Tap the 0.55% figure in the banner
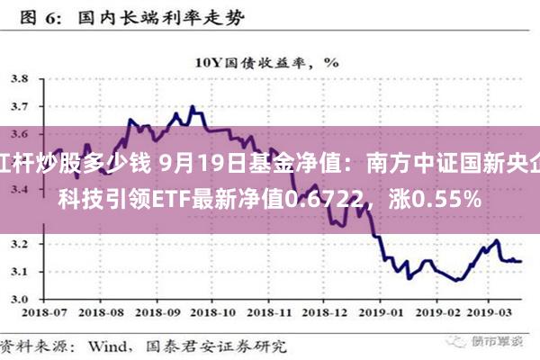(447, 197)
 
